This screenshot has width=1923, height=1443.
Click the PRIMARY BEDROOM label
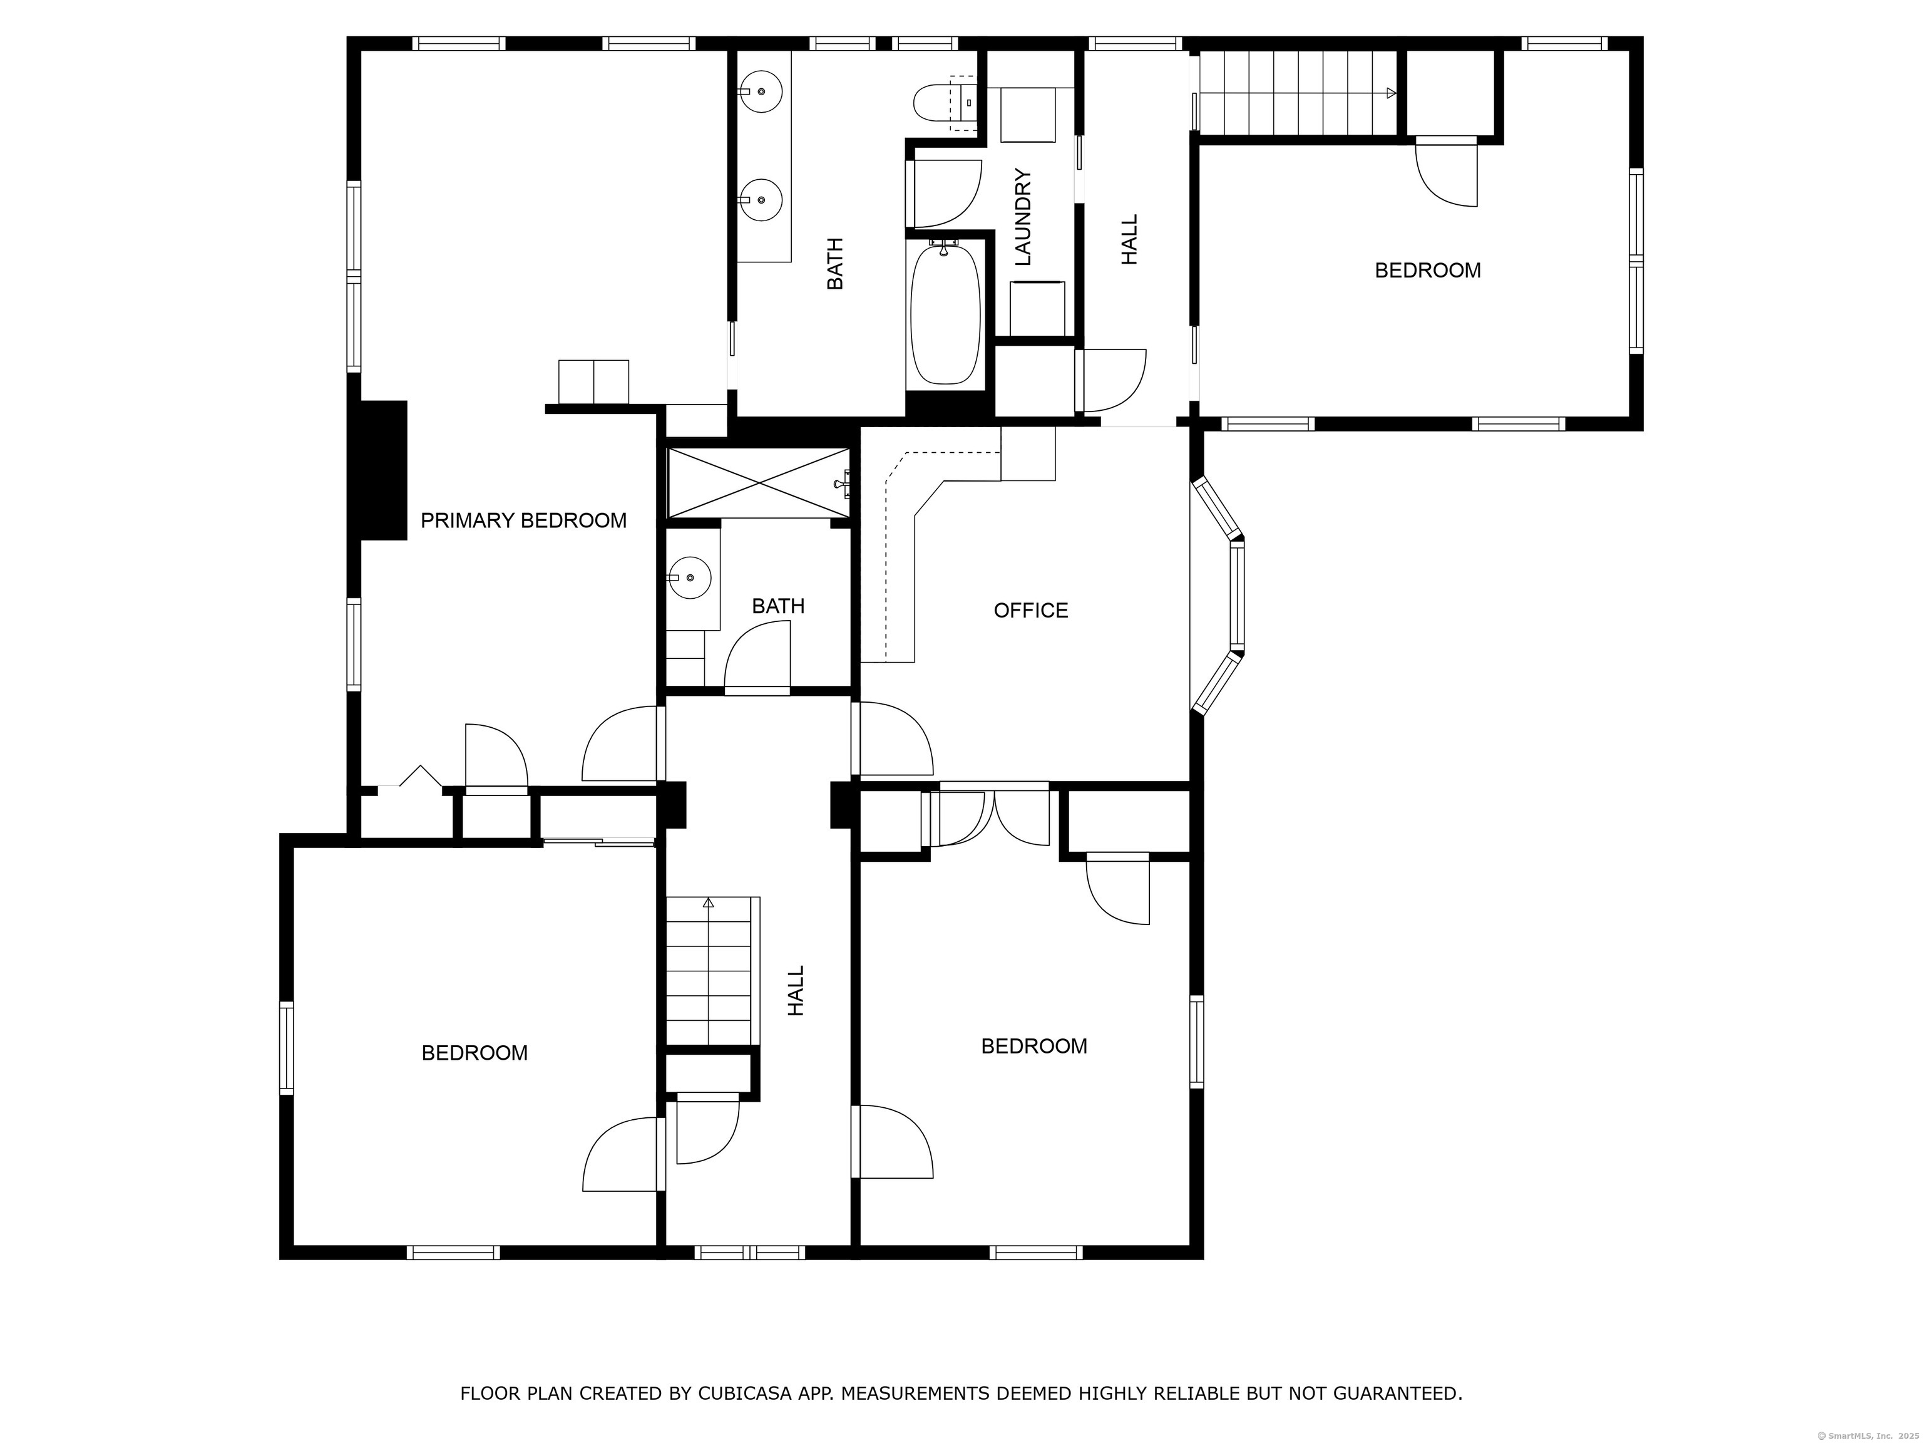point(523,520)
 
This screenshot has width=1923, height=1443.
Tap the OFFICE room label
point(1031,611)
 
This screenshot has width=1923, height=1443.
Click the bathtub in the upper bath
point(945,314)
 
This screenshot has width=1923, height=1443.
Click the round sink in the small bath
point(690,577)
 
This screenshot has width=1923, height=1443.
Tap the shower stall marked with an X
point(758,483)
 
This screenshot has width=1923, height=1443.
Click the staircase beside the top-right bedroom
point(1297,92)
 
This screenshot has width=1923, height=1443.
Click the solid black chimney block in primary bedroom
point(378,470)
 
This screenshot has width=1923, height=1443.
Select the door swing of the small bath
point(757,658)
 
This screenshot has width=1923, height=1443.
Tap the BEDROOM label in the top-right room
point(1427,271)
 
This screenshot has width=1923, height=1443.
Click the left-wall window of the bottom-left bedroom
point(286,1047)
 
